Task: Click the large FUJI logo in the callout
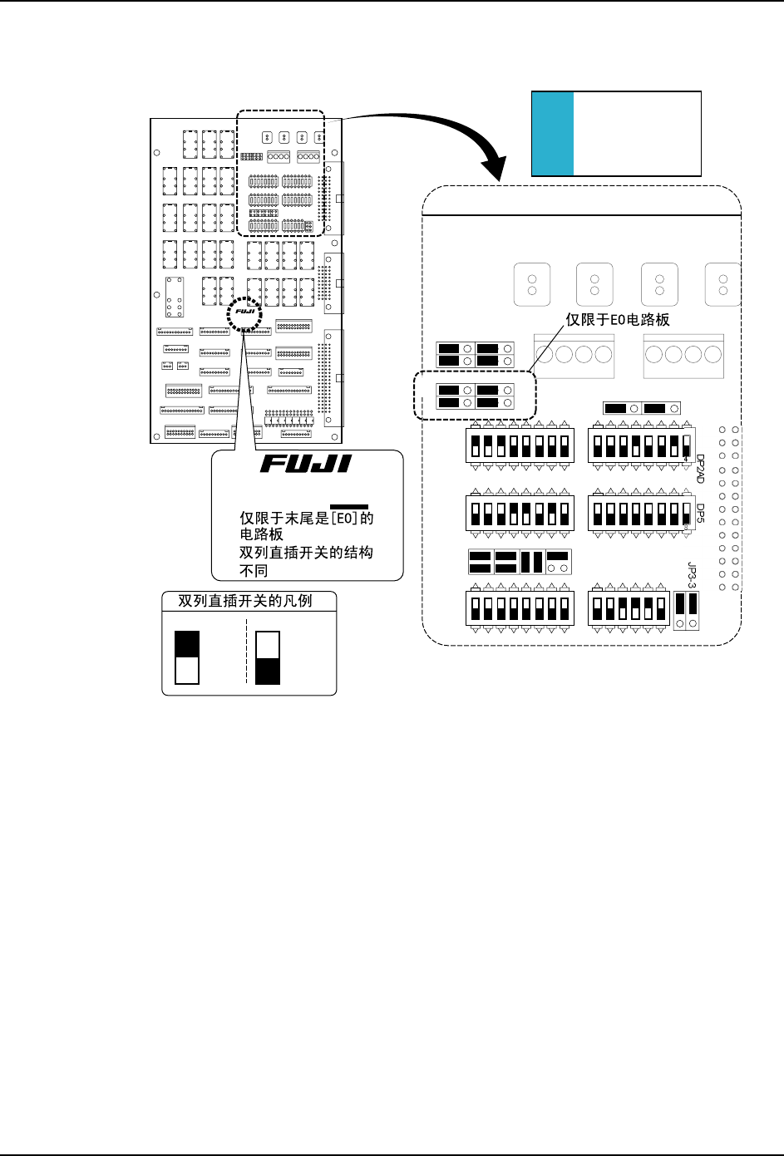(x=306, y=464)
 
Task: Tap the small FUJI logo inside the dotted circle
(x=244, y=312)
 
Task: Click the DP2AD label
(x=700, y=469)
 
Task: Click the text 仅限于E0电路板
(x=618, y=319)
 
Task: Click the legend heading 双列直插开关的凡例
(x=245, y=600)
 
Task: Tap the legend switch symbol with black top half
(x=187, y=657)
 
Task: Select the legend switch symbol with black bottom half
(x=267, y=657)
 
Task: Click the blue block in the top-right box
(x=553, y=134)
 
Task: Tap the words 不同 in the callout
(x=254, y=571)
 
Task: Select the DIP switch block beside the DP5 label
(x=639, y=513)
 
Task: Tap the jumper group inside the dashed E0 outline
(x=476, y=396)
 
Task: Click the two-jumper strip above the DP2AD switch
(x=642, y=409)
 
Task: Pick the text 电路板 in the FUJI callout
(x=262, y=535)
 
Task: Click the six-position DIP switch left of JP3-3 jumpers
(x=629, y=609)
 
